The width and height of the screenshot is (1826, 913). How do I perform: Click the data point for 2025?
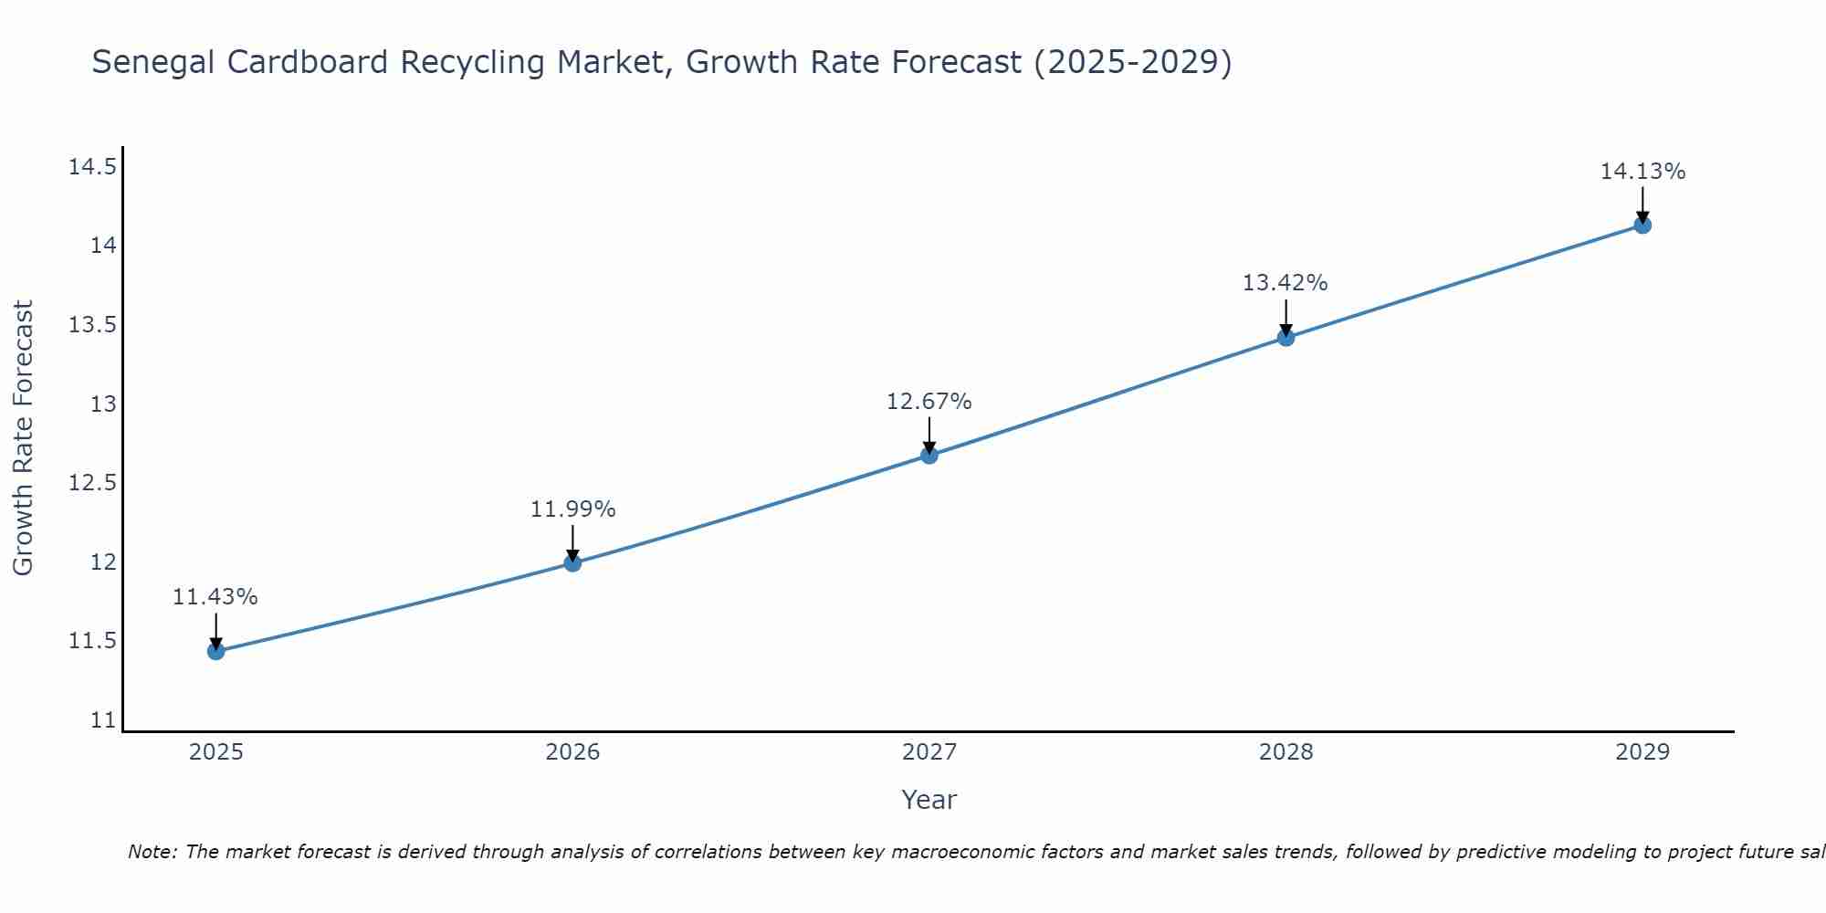click(216, 651)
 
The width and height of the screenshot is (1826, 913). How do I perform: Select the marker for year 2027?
click(929, 455)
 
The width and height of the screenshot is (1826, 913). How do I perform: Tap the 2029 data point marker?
click(1642, 225)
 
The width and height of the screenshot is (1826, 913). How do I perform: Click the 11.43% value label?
click(215, 597)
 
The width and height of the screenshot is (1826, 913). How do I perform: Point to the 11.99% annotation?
click(573, 509)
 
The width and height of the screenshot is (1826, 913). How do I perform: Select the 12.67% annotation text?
click(929, 402)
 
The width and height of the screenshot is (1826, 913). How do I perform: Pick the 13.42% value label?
click(1286, 283)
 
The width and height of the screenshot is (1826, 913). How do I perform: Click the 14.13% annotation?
click(1642, 172)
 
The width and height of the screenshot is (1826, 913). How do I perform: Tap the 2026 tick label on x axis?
click(572, 752)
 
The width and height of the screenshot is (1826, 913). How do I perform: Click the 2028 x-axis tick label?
click(1286, 752)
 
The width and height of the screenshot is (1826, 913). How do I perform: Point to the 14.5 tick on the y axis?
click(93, 167)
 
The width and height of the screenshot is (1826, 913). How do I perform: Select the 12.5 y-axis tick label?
click(93, 483)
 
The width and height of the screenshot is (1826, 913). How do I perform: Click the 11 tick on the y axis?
click(104, 720)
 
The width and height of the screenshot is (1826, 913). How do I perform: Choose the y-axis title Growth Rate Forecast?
click(24, 438)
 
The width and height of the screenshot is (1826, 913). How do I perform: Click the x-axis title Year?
click(929, 801)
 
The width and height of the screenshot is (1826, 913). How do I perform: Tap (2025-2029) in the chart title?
click(1132, 63)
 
